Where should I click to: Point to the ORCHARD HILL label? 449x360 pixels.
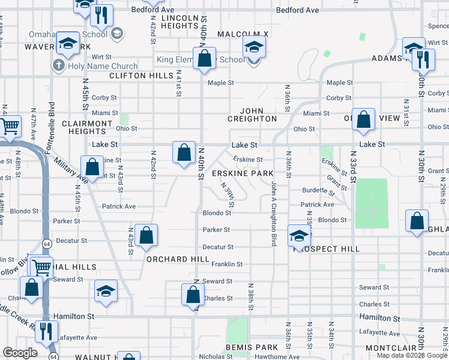pos(178,259)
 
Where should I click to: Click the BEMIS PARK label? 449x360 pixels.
pos(252,347)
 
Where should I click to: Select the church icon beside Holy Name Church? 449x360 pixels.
pos(59,65)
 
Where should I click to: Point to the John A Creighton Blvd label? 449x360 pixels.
pos(274,213)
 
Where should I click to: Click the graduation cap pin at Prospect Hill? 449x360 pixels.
pos(298,235)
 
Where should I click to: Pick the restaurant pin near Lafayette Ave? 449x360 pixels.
pos(46,331)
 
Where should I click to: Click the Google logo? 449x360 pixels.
pos(20,353)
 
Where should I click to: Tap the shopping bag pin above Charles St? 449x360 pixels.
pos(193,295)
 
